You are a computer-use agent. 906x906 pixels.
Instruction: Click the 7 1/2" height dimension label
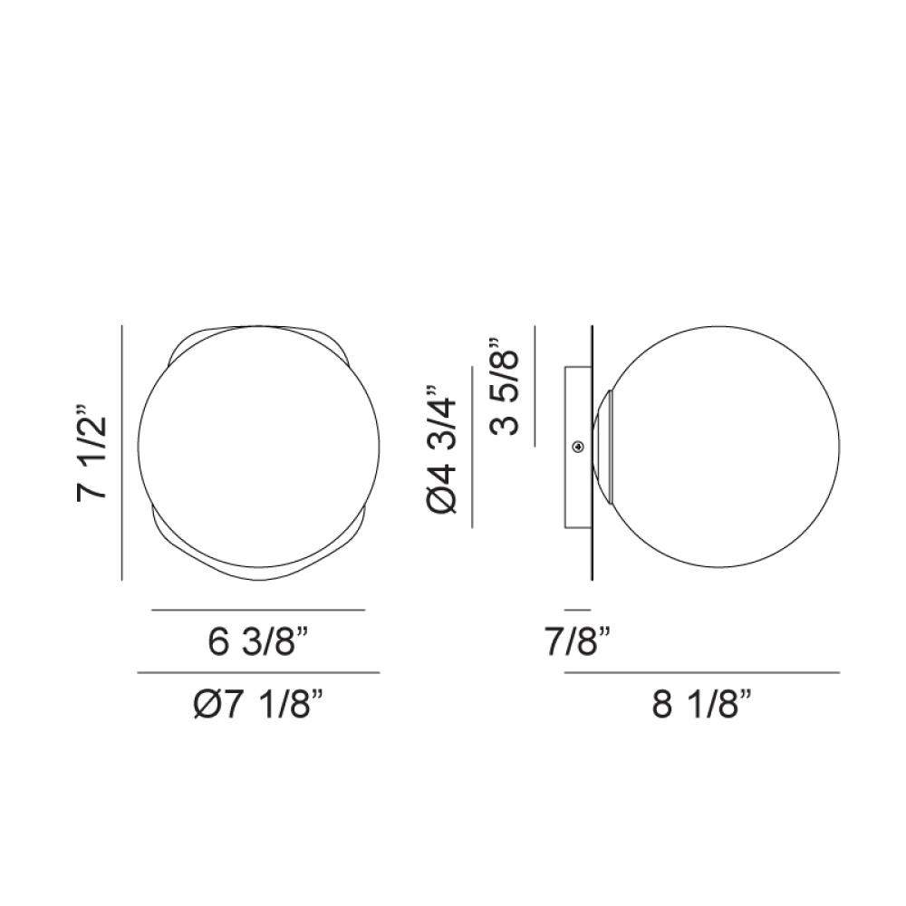coord(92,451)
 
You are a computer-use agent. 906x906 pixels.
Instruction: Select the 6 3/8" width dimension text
coord(258,642)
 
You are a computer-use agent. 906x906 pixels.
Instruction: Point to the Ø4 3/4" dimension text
coord(442,448)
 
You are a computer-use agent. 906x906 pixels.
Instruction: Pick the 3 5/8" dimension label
coord(504,387)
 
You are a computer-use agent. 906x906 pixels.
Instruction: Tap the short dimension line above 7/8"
coord(578,610)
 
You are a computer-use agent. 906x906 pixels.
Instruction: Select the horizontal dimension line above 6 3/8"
coord(258,610)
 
